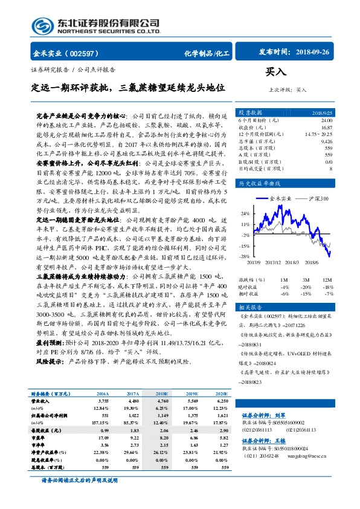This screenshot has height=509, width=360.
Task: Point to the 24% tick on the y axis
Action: tap(246, 213)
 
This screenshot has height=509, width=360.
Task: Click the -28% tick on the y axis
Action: tap(246, 257)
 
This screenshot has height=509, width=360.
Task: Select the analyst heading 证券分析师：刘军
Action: tap(263, 432)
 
